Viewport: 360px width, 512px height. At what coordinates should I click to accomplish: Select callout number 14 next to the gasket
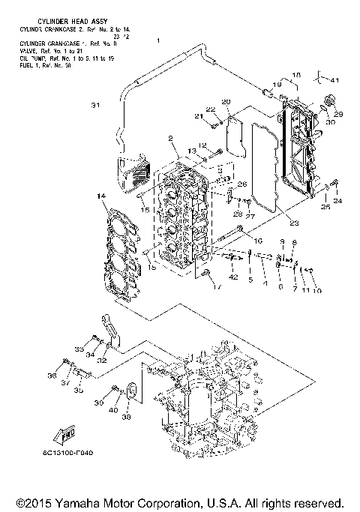coord(99,196)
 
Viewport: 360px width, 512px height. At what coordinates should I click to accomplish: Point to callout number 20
coord(226,102)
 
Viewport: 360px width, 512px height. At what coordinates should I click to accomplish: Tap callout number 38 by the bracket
coord(126,418)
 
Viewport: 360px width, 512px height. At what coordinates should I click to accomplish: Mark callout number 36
coord(52,376)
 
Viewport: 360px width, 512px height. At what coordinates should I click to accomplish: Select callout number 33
coord(78,349)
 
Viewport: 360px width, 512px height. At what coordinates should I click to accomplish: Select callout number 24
coord(337,201)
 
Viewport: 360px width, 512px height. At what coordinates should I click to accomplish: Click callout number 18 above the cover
coord(295,76)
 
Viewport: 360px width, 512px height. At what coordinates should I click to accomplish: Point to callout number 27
coord(251,216)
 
